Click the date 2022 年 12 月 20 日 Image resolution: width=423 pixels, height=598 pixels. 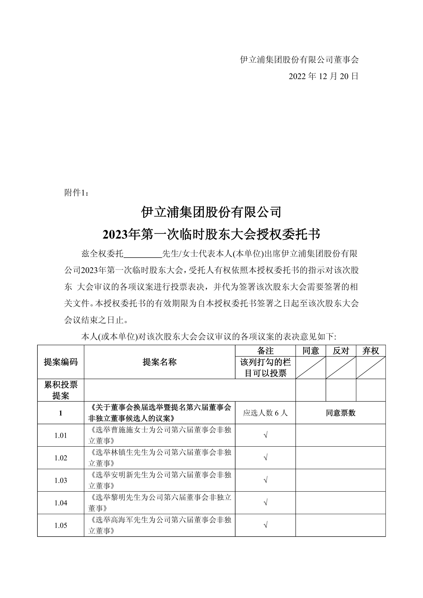pyautogui.click(x=323, y=76)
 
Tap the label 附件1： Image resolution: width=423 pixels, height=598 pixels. pyautogui.click(x=77, y=193)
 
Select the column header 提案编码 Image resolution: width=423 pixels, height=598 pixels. pyautogui.click(x=61, y=362)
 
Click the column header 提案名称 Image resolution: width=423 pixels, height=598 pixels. pyautogui.click(x=160, y=362)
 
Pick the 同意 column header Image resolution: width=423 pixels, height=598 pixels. pyautogui.click(x=311, y=351)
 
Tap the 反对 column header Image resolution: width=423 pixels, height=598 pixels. pyautogui.click(x=341, y=351)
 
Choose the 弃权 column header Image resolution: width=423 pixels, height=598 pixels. pyautogui.click(x=371, y=351)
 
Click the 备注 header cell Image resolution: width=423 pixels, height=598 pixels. pyautogui.click(x=265, y=351)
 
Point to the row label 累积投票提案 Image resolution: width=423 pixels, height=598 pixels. pyautogui.click(x=61, y=390)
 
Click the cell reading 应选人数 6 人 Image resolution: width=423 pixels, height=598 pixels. pyautogui.click(x=265, y=413)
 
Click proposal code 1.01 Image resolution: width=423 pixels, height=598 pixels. pyautogui.click(x=61, y=435)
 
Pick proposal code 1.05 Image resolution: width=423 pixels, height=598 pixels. pyautogui.click(x=61, y=525)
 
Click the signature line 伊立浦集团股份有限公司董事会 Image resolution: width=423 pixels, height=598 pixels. pyautogui.click(x=299, y=60)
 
